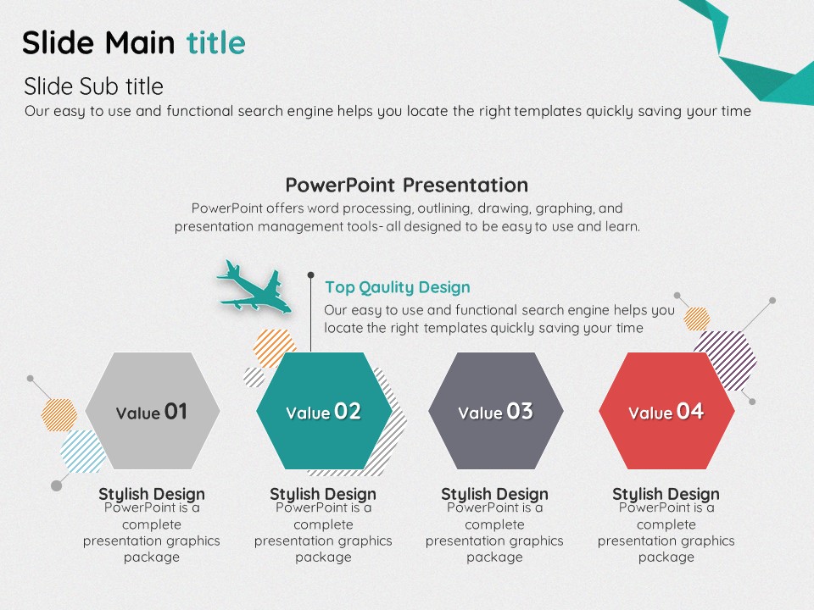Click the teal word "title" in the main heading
[x=216, y=42]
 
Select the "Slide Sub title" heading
[x=93, y=86]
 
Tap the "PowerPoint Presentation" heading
[x=407, y=185]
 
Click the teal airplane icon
[x=254, y=287]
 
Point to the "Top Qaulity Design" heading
[x=398, y=287]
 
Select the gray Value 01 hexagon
[x=153, y=411]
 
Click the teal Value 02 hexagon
[x=324, y=411]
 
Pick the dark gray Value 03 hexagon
[x=496, y=411]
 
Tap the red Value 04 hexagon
[x=666, y=411]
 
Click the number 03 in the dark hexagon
[x=520, y=412]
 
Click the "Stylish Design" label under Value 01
[x=152, y=493]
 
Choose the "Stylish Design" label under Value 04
[x=666, y=493]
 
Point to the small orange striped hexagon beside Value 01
[x=59, y=415]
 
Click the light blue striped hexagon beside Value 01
[x=82, y=451]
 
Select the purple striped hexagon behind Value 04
[x=726, y=360]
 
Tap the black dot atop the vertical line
[x=310, y=274]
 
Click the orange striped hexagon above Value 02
[x=275, y=347]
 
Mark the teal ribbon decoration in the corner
[x=753, y=52]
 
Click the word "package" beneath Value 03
[x=494, y=557]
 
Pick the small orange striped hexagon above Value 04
[x=697, y=319]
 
